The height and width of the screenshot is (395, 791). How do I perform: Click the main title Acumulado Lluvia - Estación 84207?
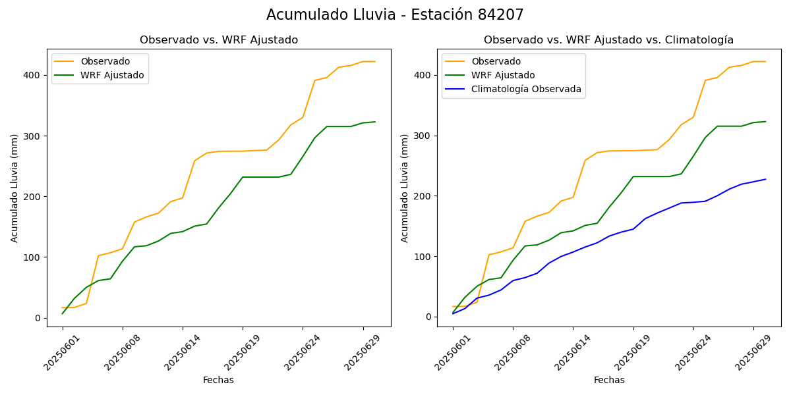[x=395, y=15]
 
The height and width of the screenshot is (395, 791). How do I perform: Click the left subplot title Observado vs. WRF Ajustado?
[x=219, y=40]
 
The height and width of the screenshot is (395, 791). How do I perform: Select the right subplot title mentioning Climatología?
[x=608, y=40]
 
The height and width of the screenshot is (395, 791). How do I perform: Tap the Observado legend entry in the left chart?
[x=105, y=61]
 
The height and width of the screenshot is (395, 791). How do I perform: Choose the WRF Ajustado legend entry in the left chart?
[x=112, y=75]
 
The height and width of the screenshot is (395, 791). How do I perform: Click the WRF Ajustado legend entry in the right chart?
[x=503, y=75]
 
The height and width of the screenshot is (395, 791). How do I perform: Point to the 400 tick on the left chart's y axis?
[x=32, y=75]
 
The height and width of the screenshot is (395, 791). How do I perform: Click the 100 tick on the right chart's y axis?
[x=422, y=256]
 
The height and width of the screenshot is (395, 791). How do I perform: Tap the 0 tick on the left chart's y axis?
[x=37, y=318]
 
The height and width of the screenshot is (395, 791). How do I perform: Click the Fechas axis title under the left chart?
[x=218, y=380]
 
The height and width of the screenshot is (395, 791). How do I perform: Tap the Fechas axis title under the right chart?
[x=609, y=380]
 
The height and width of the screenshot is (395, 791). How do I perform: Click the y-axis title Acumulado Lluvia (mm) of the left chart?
[x=15, y=188]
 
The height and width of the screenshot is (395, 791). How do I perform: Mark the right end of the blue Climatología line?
[x=765, y=179]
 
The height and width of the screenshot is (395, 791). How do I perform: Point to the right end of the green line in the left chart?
[x=375, y=122]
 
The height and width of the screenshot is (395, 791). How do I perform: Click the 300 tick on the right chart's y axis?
[x=422, y=136]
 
